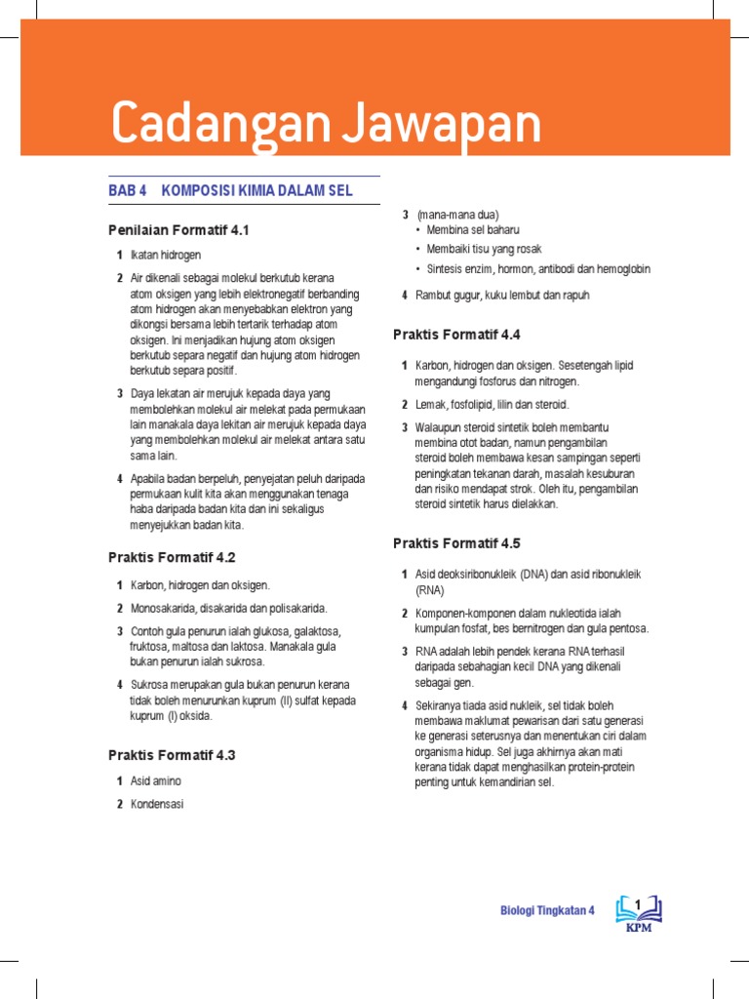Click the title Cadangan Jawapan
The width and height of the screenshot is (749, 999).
326,123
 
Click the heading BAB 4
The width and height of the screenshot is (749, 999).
127,191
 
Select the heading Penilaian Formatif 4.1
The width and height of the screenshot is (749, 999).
179,230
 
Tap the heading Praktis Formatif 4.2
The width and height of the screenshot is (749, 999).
172,558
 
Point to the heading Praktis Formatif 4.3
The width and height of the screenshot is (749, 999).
172,755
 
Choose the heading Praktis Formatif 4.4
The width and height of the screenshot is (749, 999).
456,335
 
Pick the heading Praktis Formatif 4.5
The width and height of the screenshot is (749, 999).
456,543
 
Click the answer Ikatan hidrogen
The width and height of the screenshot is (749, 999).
166,256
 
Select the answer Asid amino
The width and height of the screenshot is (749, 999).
156,781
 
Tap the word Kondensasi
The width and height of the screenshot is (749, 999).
157,805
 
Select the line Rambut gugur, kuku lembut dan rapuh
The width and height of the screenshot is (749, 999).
502,295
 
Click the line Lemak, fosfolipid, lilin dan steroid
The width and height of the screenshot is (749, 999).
492,404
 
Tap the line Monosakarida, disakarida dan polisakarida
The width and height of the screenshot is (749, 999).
229,608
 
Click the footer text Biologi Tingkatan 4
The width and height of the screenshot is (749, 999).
547,911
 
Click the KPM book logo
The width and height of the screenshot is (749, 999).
639,913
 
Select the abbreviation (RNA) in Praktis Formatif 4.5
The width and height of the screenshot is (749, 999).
430,590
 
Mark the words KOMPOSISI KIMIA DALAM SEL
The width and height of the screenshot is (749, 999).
257,191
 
